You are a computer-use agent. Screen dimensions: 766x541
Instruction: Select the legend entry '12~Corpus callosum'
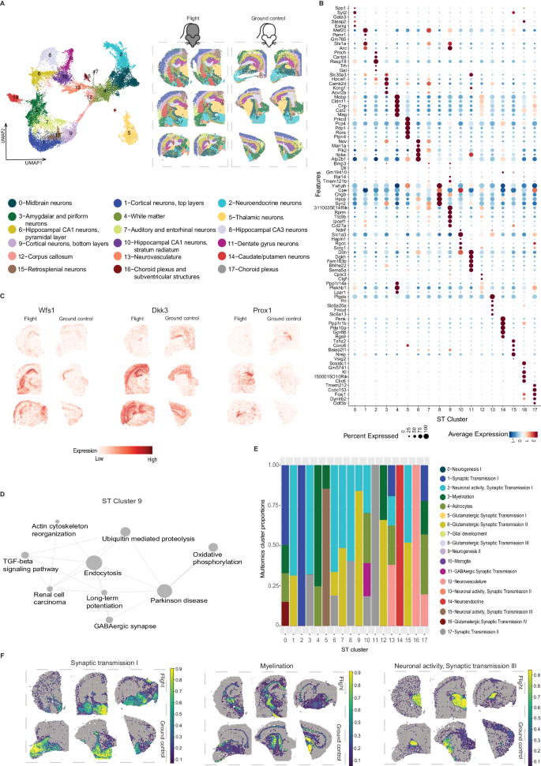point(39,234)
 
